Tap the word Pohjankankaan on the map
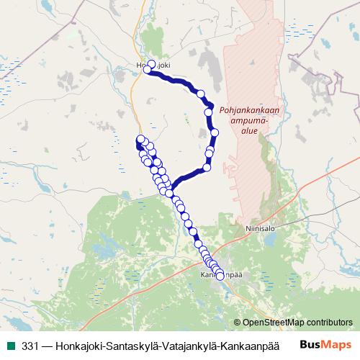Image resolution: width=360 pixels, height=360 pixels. [x=249, y=111]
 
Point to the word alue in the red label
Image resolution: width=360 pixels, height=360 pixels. [x=248, y=132]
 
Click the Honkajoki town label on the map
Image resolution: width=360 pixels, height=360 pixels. [x=153, y=65]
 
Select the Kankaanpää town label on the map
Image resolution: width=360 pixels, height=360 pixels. [x=220, y=275]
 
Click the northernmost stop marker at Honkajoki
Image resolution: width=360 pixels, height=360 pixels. [x=151, y=64]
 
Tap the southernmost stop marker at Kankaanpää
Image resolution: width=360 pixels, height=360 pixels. [x=220, y=274]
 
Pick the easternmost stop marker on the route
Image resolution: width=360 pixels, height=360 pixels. [x=215, y=133]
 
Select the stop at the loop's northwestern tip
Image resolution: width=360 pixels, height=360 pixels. [x=140, y=139]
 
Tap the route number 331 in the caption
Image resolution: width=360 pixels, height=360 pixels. [x=31, y=343]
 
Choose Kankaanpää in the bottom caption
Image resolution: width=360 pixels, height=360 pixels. [x=257, y=343]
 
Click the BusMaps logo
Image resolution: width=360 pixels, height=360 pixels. [x=325, y=343]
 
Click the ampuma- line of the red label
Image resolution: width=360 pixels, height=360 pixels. [x=248, y=122]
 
